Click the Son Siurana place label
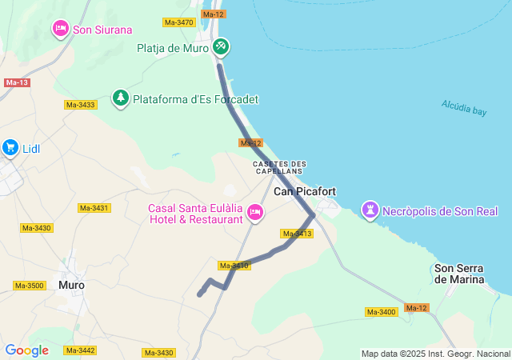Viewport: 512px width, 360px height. (x=102, y=30)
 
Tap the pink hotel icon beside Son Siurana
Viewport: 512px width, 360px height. (x=61, y=30)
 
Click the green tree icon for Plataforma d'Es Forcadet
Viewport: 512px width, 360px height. (x=121, y=98)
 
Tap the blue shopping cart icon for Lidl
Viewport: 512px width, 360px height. (x=10, y=147)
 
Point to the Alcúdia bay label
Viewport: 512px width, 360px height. (x=463, y=107)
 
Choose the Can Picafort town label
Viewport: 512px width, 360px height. (x=305, y=191)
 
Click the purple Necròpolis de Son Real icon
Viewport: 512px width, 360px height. (x=370, y=210)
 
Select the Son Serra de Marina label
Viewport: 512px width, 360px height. (x=459, y=274)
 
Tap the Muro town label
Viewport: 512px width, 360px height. (x=71, y=285)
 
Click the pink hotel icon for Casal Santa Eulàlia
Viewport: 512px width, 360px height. (x=255, y=212)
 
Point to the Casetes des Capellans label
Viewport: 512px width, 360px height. (x=279, y=167)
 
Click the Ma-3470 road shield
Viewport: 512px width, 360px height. (x=178, y=22)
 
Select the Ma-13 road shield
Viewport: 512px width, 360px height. (x=16, y=82)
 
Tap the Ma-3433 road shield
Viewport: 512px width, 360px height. (x=80, y=105)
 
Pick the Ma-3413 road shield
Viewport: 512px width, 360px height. (x=297, y=234)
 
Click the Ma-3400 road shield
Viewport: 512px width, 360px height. (x=381, y=311)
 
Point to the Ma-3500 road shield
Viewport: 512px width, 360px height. (x=30, y=286)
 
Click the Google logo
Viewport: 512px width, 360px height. (x=26, y=350)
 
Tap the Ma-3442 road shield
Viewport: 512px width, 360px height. (x=80, y=350)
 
